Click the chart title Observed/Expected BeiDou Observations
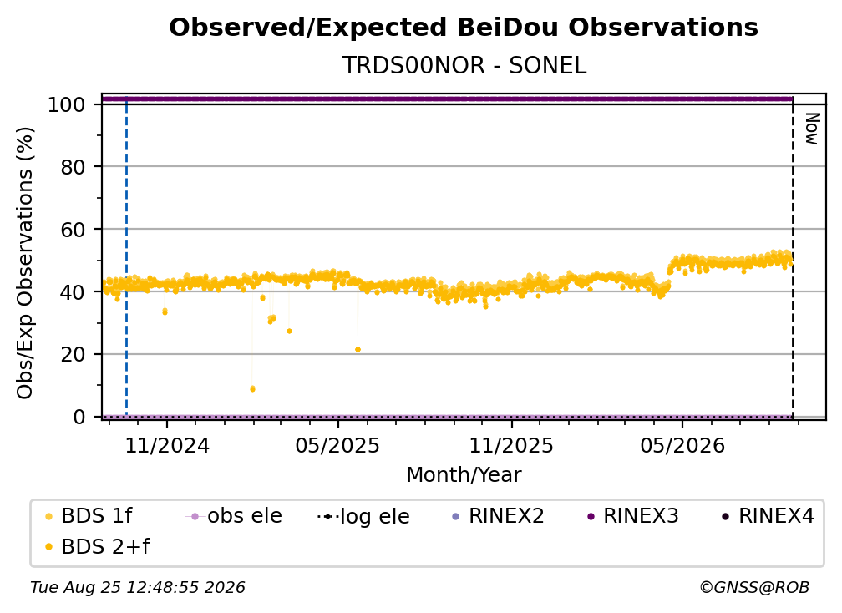coord(464,28)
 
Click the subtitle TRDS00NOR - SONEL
coord(464,66)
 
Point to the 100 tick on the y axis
coord(66,104)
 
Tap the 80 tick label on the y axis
coord(73,167)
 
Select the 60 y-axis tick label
coord(73,230)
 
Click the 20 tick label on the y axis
coord(73,354)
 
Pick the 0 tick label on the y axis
coord(79,417)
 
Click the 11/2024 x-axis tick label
coord(167,445)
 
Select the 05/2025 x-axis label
coord(337,445)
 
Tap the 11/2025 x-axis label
coord(511,445)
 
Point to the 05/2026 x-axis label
coord(682,445)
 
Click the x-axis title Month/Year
coord(464,475)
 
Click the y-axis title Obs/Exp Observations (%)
coord(25,263)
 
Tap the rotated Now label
coord(812,129)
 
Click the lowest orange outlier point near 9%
coord(252,388)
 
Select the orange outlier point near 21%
coord(358,349)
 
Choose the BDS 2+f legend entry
coord(97,546)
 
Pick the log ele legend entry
coord(363,516)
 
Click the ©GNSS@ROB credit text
coord(754,587)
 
